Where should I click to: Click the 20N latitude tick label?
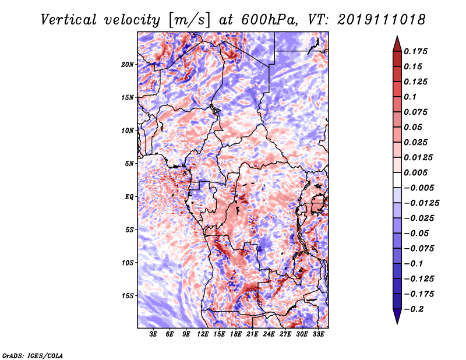pos(127,65)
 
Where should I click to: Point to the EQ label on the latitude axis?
pos(129,197)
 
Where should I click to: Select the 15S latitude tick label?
pos(127,296)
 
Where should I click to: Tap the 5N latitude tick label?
pos(129,164)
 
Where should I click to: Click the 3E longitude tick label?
pos(153,334)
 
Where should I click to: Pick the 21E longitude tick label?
pos(252,334)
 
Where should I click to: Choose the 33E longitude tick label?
pos(318,334)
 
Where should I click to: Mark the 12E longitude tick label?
pos(202,334)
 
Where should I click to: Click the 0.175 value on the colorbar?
pos(416,51)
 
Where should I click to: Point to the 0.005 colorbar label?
pos(416,172)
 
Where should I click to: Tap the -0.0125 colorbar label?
pos(421,203)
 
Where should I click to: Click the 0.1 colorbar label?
pos(410,97)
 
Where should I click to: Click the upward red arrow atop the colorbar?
pos(397,44)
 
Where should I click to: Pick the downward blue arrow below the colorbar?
pos(397,316)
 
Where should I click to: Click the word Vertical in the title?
pos(69,20)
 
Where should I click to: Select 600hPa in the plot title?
pos(269,20)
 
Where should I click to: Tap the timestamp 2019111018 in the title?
pos(382,20)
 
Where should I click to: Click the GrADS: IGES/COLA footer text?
pos(33,355)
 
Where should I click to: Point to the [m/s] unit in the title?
pos(189,20)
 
